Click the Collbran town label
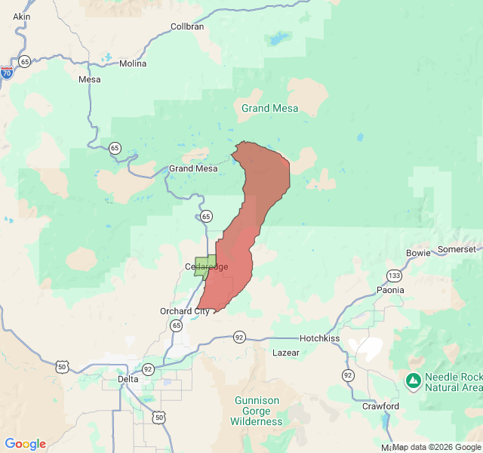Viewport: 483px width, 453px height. pyautogui.click(x=187, y=26)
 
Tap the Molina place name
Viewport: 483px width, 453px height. pyautogui.click(x=133, y=63)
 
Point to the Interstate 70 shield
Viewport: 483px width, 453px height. pyautogui.click(x=7, y=72)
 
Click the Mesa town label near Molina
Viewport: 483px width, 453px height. pyautogui.click(x=89, y=79)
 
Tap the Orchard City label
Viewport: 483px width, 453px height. pyautogui.click(x=185, y=311)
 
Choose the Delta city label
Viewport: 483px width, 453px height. pyautogui.click(x=128, y=378)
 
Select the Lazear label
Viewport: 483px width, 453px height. pyautogui.click(x=285, y=353)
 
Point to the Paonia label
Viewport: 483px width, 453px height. pyautogui.click(x=390, y=290)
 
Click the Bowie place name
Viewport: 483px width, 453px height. pyautogui.click(x=417, y=252)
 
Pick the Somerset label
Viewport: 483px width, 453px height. pyautogui.click(x=457, y=249)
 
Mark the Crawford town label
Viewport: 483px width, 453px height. pyautogui.click(x=380, y=406)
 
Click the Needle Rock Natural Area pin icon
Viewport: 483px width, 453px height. pyautogui.click(x=413, y=381)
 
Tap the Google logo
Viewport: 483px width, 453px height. pyautogui.click(x=25, y=444)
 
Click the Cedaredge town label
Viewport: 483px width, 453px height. pyautogui.click(x=206, y=267)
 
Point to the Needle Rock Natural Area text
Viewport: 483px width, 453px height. pyautogui.click(x=453, y=382)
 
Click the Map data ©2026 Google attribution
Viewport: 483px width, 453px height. pyautogui.click(x=436, y=447)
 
